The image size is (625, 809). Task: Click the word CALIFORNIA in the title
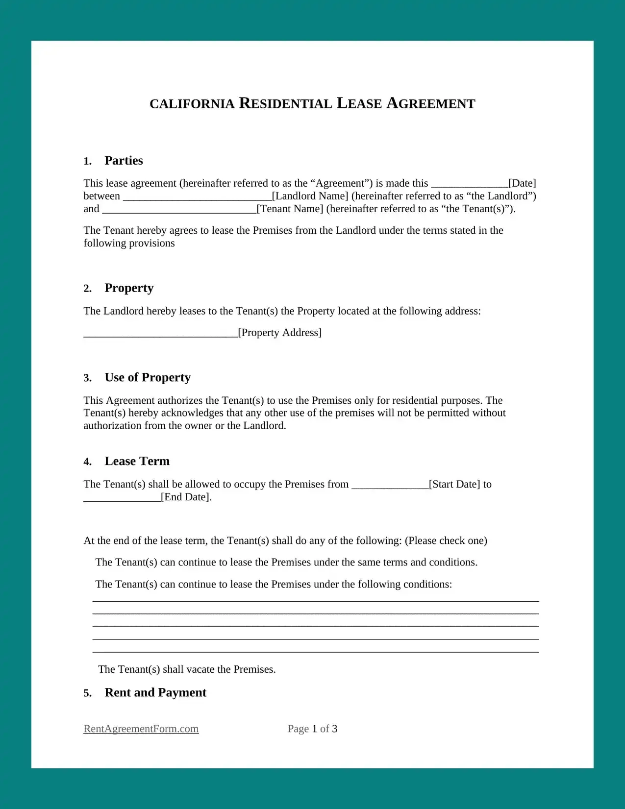[192, 104]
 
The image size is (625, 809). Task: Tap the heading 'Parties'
[124, 161]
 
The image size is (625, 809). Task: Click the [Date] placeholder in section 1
[522, 183]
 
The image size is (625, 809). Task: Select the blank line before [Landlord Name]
[197, 196]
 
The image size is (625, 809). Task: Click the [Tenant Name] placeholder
[290, 209]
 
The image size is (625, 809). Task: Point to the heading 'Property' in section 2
[129, 288]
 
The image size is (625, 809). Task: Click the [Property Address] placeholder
[280, 333]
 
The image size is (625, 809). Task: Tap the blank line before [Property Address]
[160, 333]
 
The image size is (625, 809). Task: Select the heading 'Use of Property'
[148, 378]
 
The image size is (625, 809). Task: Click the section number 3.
[87, 378]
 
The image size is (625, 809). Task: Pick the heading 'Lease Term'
[137, 462]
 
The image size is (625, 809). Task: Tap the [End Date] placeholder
[186, 497]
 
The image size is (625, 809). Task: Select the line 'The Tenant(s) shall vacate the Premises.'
[187, 669]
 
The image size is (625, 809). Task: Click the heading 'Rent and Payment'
[155, 693]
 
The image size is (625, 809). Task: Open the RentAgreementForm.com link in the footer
[141, 729]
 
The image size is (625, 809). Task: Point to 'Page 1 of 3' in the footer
[312, 729]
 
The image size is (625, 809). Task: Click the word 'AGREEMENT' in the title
[431, 104]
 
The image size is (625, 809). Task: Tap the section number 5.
[87, 693]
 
